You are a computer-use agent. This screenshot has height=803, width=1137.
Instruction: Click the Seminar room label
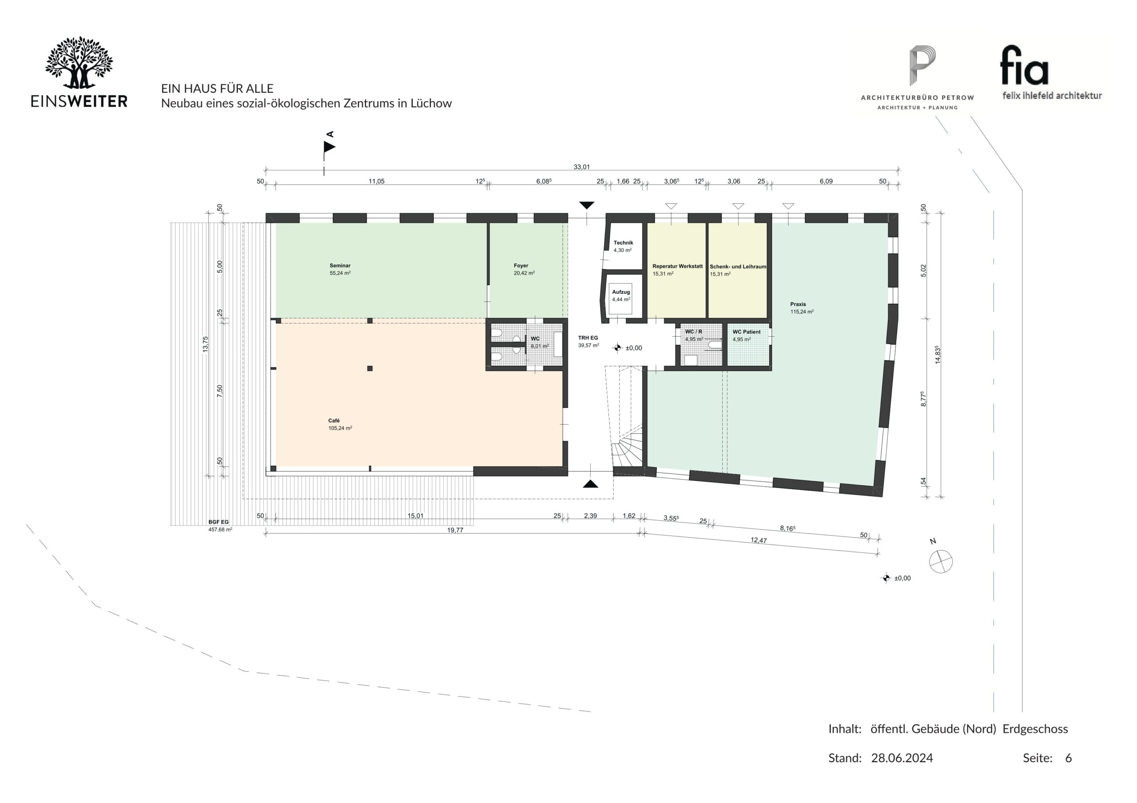pos(340,266)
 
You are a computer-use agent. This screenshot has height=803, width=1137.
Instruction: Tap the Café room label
pos(334,421)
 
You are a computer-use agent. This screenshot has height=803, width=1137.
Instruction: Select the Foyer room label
pos(521,266)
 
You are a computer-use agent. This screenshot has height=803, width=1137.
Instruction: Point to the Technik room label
pos(624,243)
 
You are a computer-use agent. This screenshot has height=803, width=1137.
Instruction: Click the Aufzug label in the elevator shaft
pos(621,292)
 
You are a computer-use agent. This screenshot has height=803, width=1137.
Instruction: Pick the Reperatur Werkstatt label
pos(677,266)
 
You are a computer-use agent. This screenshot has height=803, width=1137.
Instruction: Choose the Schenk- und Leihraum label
pos(738,267)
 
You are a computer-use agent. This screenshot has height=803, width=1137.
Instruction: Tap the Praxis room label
pos(798,304)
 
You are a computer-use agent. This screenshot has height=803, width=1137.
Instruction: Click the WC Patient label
pos(747,332)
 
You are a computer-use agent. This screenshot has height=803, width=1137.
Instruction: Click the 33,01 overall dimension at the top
pos(581,167)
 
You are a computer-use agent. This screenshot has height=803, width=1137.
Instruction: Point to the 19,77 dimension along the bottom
pos(455,530)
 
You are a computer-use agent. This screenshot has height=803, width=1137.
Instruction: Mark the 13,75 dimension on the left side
pos(206,344)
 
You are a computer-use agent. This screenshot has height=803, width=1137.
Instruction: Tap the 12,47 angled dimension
pos(759,540)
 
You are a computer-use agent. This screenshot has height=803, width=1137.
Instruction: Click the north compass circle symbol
pos(941,562)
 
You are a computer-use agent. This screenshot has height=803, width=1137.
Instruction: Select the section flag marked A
pos(329,147)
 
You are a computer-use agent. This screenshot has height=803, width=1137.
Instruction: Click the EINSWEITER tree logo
pos(79,63)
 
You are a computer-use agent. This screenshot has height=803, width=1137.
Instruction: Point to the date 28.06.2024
pos(902,758)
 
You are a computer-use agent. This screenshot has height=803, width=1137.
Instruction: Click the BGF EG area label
pos(219,522)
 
